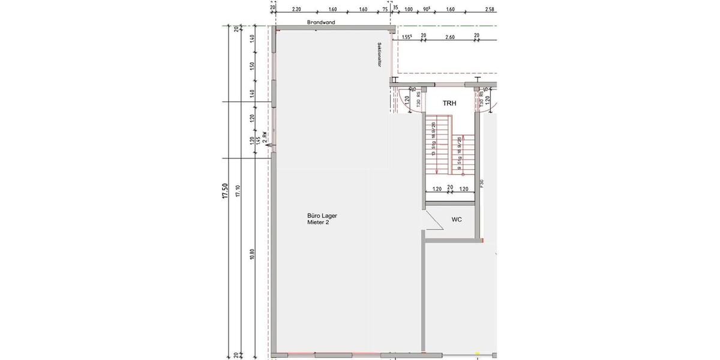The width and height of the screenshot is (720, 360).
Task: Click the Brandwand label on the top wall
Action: (321, 22)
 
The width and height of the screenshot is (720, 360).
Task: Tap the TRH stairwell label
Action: (449, 104)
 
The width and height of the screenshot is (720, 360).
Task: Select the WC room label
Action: (457, 220)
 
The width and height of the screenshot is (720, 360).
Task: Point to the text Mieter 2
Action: (318, 223)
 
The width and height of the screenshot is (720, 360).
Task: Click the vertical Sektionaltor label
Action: (380, 54)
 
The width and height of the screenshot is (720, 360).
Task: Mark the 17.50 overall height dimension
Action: (225, 191)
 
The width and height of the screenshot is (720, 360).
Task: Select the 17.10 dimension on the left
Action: (238, 191)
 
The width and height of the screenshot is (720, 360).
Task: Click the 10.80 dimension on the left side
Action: (252, 255)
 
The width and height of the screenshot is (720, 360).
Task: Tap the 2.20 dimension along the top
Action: (296, 10)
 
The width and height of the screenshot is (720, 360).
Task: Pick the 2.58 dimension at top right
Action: (489, 10)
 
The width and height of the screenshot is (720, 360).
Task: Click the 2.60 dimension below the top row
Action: (449, 37)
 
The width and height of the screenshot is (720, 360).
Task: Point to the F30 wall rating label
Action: (482, 184)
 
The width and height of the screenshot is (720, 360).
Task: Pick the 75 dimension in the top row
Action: (384, 10)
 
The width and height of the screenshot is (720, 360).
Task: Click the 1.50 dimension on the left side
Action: (252, 65)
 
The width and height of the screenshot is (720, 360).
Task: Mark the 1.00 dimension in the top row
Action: (409, 10)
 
